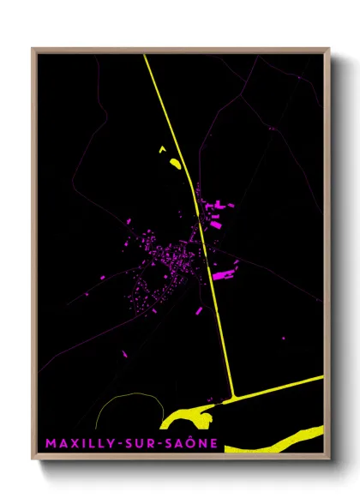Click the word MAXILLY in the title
pyautogui.click(x=77, y=443)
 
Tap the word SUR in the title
pyautogui.click(x=136, y=443)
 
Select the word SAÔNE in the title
pyautogui.click(x=189, y=443)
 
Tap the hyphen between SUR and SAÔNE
pyautogui.click(x=157, y=444)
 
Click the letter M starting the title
pyautogui.click(x=51, y=443)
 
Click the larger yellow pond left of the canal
pyautogui.click(x=175, y=162)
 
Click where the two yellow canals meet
pyautogui.click(x=233, y=396)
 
